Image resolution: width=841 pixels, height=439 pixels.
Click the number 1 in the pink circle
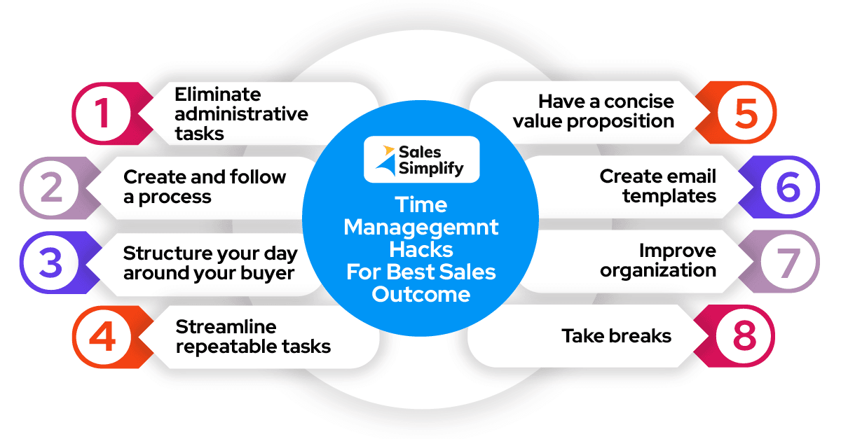tap(102, 112)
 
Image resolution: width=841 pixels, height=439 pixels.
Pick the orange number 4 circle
tap(102, 337)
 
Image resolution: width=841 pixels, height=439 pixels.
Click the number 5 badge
tap(746, 112)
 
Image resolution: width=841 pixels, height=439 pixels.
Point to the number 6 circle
tap(788, 187)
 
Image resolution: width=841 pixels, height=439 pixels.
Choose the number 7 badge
tap(788, 263)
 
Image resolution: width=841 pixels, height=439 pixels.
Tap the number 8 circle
tap(746, 337)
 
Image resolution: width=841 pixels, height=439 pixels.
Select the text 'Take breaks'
tap(616, 336)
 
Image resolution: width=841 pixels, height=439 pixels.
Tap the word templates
tap(669, 196)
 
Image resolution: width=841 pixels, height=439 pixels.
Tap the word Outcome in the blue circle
tap(420, 294)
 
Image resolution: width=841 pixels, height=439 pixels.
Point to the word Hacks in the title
tap(420, 249)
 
